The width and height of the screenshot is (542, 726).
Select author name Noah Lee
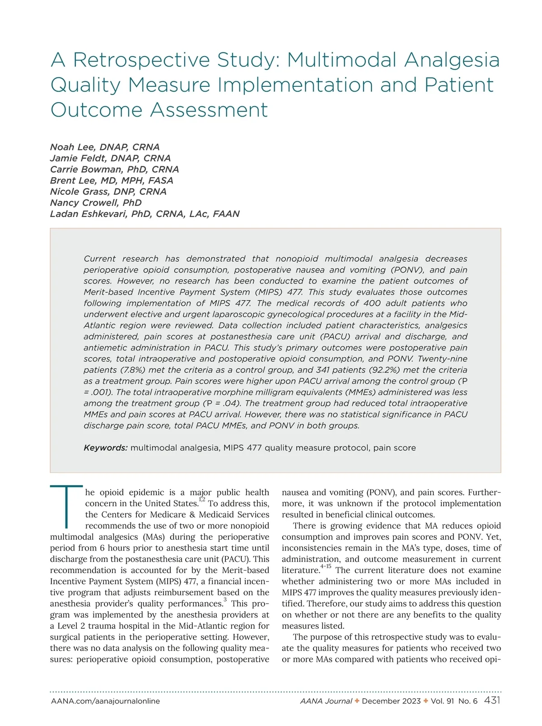click(72, 147)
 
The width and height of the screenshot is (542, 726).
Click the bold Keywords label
click(106, 448)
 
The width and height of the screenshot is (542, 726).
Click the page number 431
click(492, 701)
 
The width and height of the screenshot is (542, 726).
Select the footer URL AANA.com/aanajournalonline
click(105, 701)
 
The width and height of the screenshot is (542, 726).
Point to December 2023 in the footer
click(391, 701)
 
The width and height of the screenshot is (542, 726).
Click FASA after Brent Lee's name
click(160, 180)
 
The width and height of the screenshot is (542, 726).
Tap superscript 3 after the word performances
click(225, 600)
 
